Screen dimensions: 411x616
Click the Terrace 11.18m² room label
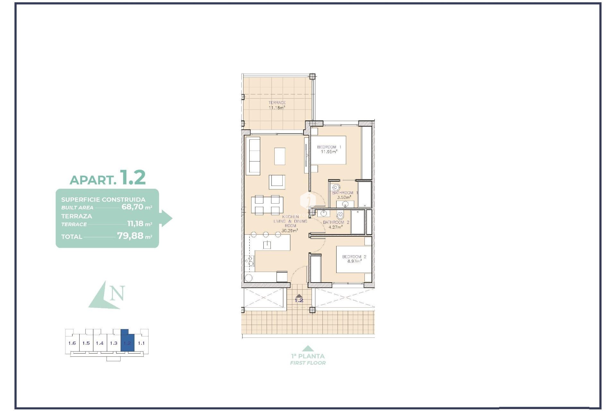pos(277,105)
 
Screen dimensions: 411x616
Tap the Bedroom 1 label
pos(329,149)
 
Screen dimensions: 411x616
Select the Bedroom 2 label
pos(354,259)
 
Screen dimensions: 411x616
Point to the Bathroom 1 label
pos(345,195)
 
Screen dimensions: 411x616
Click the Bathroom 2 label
pos(336,224)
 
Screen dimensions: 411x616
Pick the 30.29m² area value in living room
pos(290,231)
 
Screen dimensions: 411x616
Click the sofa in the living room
pos(252,156)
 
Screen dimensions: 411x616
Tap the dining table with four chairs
pos(267,205)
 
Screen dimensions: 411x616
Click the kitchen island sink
pos(267,245)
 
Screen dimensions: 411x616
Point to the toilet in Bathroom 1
pos(336,188)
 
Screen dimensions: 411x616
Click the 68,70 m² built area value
pos(136,207)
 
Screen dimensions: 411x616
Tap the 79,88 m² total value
pos(134,236)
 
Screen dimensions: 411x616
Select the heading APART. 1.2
pos(108,178)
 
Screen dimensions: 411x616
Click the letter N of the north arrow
pos(117,293)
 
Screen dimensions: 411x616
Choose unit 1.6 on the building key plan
pos(72,343)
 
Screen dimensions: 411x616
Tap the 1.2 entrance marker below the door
pos(299,300)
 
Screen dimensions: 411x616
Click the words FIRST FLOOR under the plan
pos(308,363)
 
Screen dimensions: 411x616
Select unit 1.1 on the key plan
pos(141,343)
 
